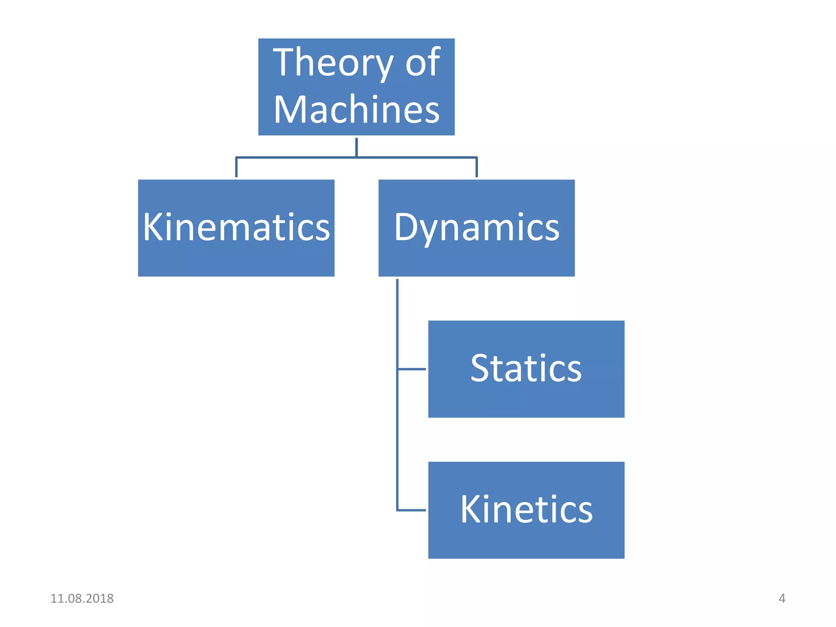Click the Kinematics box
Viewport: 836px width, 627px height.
tap(236, 253)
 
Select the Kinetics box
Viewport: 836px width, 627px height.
tap(526, 539)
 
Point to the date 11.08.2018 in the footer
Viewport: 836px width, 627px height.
tap(82, 598)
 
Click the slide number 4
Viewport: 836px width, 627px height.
tap(782, 598)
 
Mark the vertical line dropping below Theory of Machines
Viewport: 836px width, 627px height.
tap(356, 147)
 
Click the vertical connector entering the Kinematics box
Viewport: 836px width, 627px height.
tap(236, 167)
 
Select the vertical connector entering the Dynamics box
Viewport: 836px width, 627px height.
tap(476, 167)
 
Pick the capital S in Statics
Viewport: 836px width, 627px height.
tap(482, 368)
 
